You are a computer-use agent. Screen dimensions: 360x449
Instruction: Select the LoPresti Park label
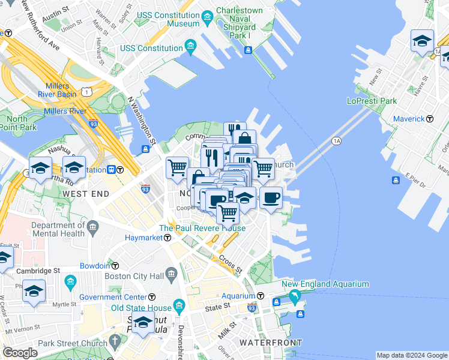pyautogui.click(x=372, y=101)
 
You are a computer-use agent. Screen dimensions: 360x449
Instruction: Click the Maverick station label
pyautogui.click(x=409, y=119)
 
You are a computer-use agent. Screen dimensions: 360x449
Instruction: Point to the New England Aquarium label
pyautogui.click(x=325, y=284)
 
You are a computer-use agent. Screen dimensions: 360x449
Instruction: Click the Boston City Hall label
pyautogui.click(x=134, y=277)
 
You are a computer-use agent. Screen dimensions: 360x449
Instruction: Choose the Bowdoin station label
pyautogui.click(x=95, y=265)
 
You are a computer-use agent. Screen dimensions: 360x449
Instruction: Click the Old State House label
pyautogui.click(x=142, y=308)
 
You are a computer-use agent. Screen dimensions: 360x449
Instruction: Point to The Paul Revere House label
pyautogui.click(x=202, y=228)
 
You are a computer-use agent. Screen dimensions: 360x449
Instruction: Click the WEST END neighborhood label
pyautogui.click(x=86, y=194)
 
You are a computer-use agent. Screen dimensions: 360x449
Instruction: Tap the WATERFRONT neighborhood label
pyautogui.click(x=271, y=343)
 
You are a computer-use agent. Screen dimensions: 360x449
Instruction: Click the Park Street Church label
pyautogui.click(x=71, y=343)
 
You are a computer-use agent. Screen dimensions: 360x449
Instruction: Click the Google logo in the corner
pyautogui.click(x=20, y=353)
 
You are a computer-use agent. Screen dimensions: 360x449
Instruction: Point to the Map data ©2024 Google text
pyautogui.click(x=411, y=355)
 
